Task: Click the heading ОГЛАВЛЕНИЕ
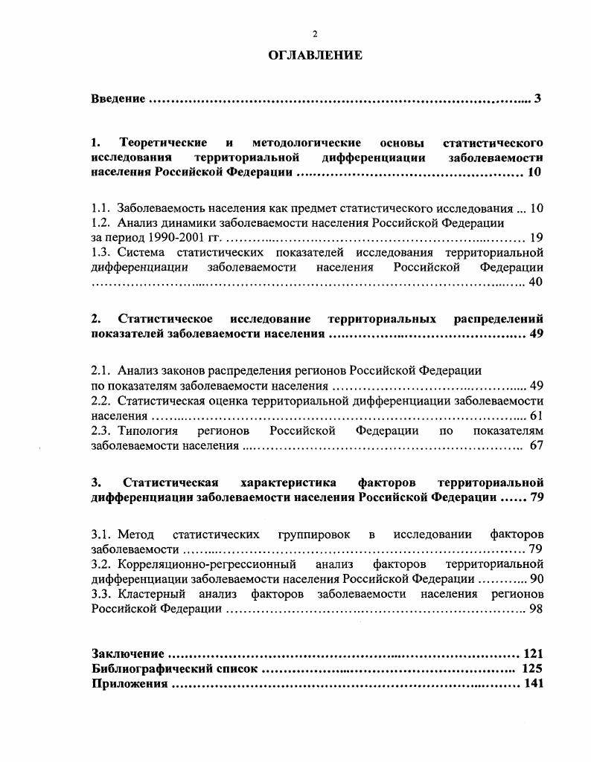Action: (315, 55)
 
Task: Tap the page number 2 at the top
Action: (315, 34)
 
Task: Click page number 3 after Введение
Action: (537, 99)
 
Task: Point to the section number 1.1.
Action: (101, 208)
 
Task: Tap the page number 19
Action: (536, 238)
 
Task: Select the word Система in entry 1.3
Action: (138, 253)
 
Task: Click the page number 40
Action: (536, 282)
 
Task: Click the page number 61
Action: (536, 416)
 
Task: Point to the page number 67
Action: (536, 446)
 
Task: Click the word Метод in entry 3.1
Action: (135, 535)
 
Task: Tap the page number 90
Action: (536, 579)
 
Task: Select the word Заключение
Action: (127, 654)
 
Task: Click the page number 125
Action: (532, 669)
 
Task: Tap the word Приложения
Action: (129, 684)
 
